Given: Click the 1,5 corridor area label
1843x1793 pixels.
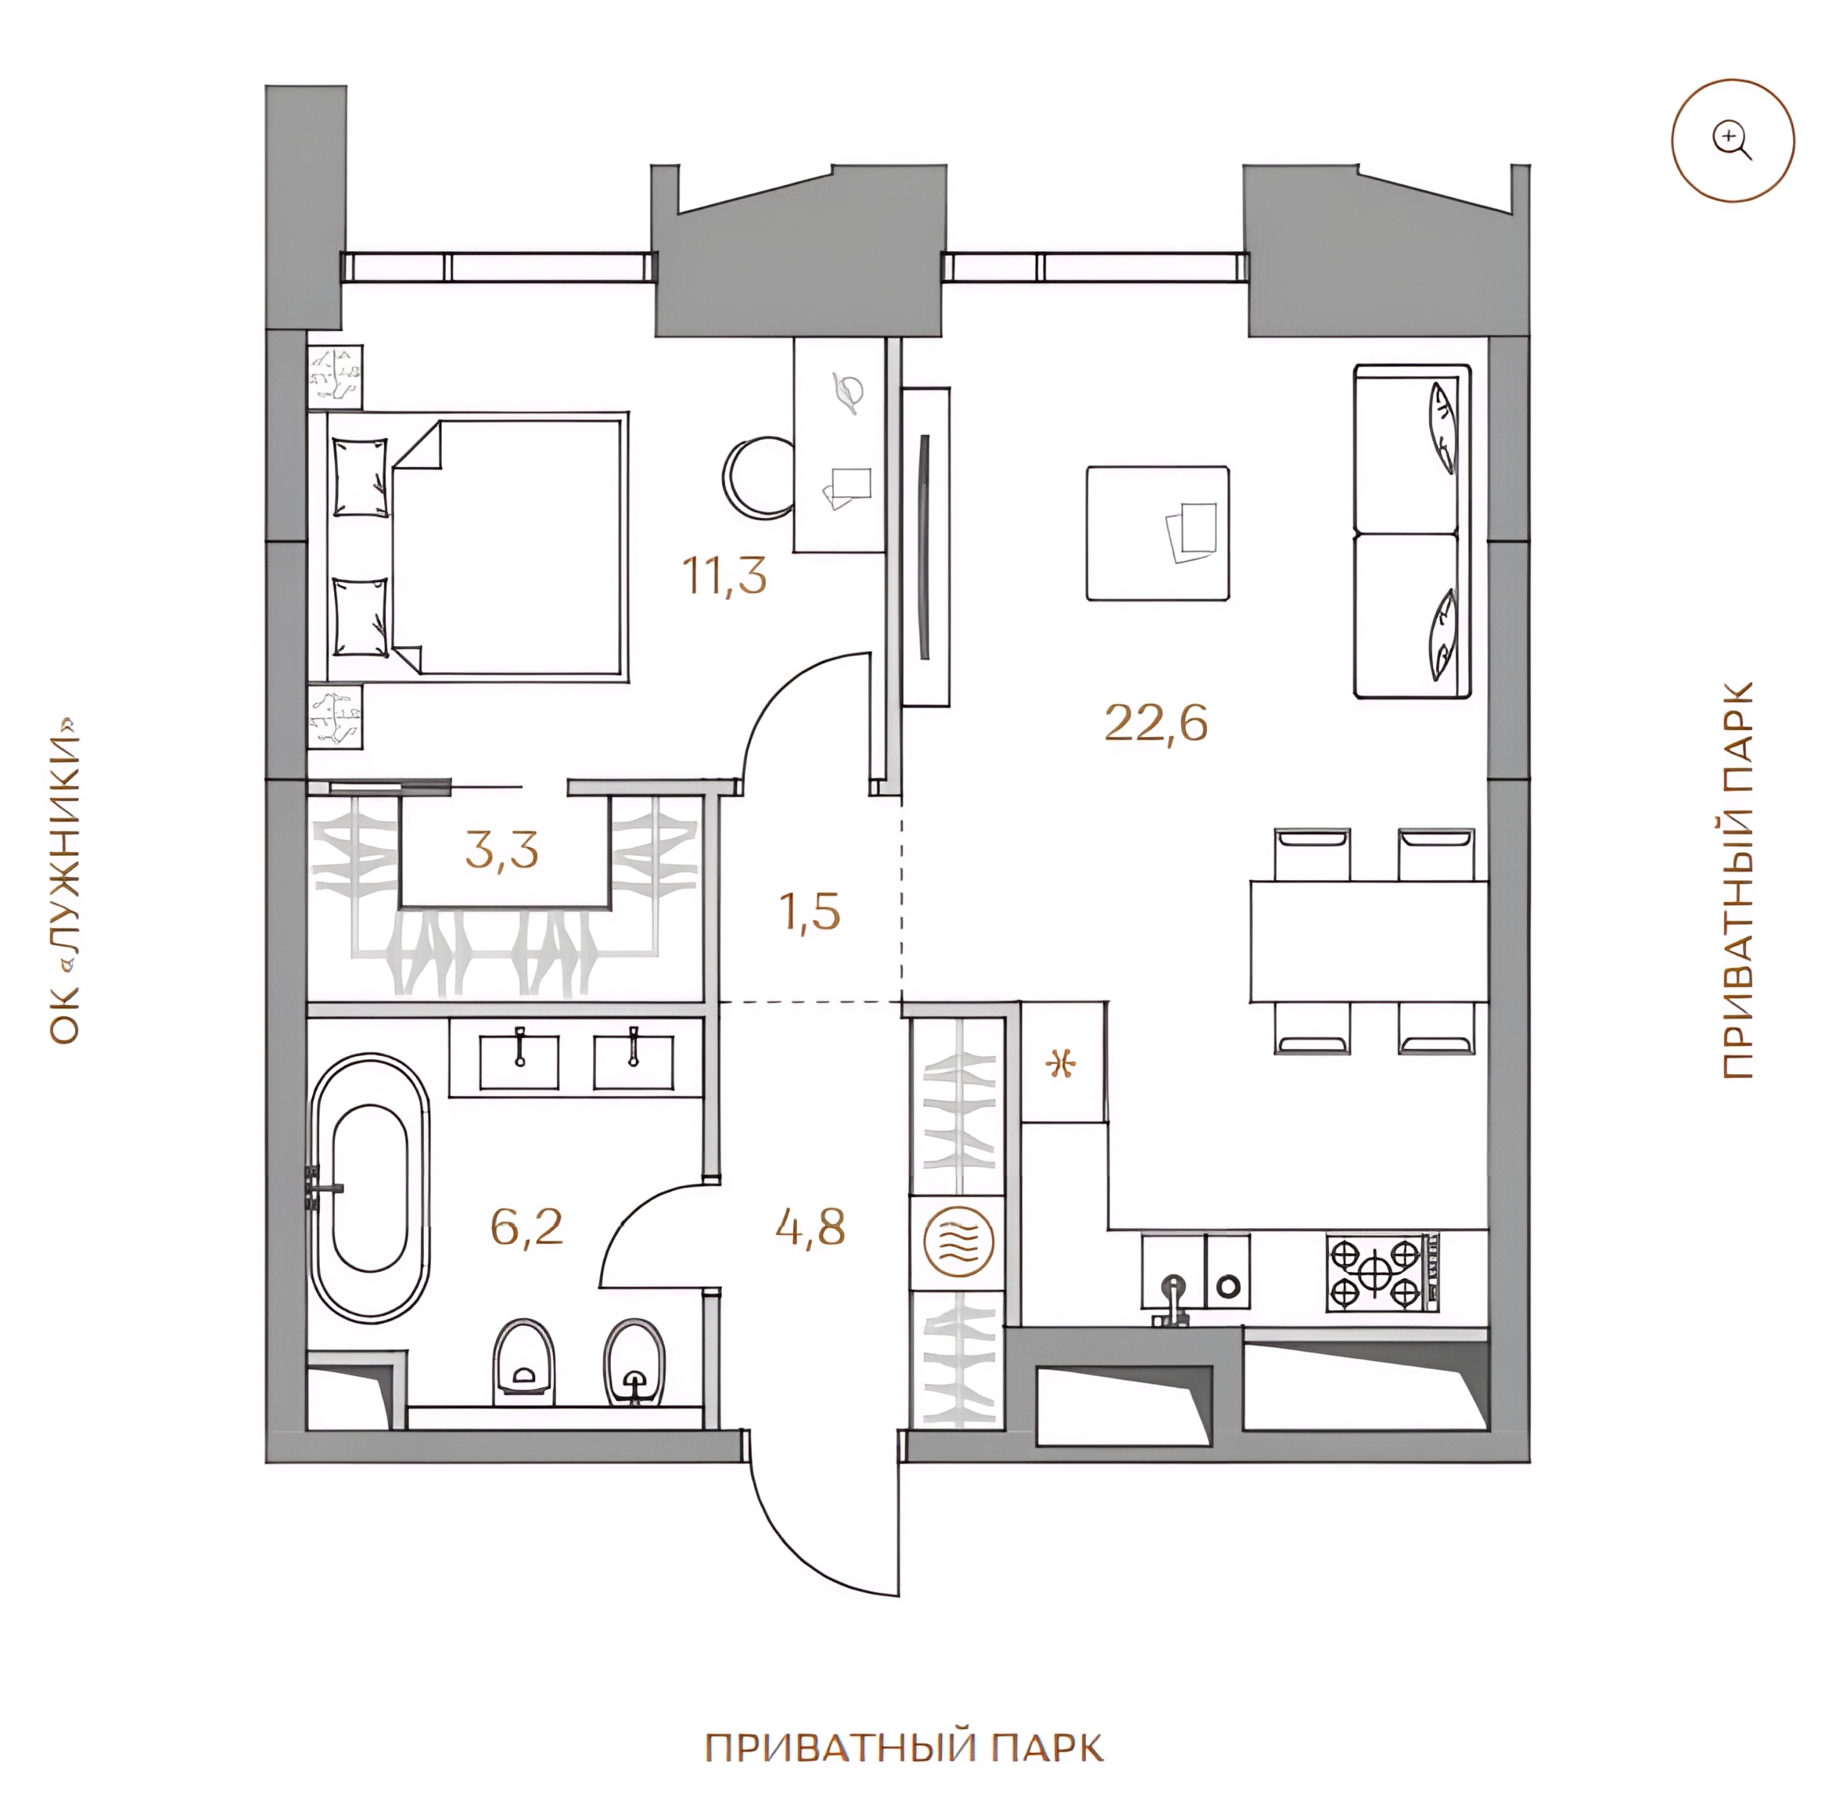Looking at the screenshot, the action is [x=810, y=911].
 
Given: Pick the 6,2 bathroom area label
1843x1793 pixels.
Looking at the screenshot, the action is [x=526, y=1226].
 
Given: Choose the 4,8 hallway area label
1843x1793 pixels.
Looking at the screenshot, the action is [x=810, y=1226].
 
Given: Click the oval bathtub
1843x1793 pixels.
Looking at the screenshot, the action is [x=370, y=1189].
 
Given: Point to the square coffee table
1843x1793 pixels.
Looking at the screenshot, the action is [x=1158, y=532].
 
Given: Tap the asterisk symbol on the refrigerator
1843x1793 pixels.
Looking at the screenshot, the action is [x=1062, y=1065].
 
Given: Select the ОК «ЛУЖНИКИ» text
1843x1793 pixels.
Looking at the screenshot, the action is [x=65, y=882].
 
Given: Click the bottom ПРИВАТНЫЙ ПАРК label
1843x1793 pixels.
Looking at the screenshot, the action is [x=904, y=1748].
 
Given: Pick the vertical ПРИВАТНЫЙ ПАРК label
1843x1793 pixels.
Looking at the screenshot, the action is [x=1738, y=881].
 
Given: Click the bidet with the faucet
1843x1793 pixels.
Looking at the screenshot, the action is [x=634, y=1363].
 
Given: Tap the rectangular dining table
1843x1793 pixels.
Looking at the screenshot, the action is [x=1368, y=941].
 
